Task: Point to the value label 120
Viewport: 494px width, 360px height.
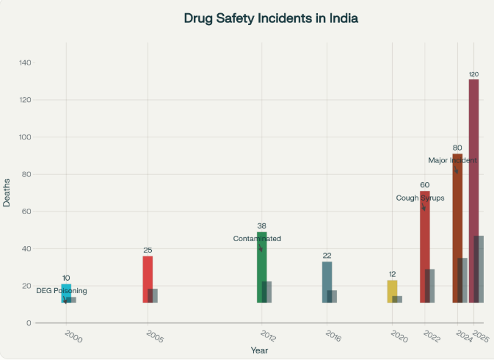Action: tap(473, 74)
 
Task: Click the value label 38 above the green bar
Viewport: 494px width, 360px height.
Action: tap(262, 226)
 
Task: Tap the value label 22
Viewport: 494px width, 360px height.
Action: tap(327, 256)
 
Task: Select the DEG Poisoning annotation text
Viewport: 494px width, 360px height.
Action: tap(62, 291)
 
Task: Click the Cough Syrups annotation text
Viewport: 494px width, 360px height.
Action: tap(420, 198)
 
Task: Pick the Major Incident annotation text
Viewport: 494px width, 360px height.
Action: tap(452, 160)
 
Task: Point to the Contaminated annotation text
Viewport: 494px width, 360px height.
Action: tap(257, 239)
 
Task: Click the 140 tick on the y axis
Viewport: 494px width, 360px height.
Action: tap(25, 63)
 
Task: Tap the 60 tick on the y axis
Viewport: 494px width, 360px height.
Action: tap(27, 212)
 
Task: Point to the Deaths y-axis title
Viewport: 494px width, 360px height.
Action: tap(7, 192)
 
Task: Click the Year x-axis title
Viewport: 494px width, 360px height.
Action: tap(259, 350)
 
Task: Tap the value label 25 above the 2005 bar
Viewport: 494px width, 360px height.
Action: tap(148, 251)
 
